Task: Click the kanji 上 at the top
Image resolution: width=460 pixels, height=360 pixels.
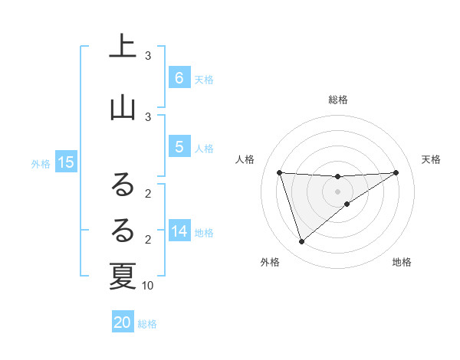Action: click(123, 46)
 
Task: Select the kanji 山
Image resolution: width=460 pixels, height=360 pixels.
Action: click(123, 107)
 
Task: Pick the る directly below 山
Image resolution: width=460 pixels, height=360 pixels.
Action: click(123, 184)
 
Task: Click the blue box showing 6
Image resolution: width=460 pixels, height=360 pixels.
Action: click(179, 77)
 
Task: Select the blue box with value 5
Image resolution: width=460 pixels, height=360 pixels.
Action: click(179, 147)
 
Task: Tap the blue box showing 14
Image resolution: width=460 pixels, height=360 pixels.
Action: click(179, 231)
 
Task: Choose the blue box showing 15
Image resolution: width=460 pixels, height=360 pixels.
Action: click(65, 162)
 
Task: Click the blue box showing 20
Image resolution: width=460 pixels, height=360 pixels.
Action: click(123, 322)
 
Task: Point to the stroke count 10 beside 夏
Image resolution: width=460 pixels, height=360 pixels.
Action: click(148, 286)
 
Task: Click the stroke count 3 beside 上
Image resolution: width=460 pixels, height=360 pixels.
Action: click(148, 56)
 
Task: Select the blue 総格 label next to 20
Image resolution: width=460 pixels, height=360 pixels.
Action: click(147, 324)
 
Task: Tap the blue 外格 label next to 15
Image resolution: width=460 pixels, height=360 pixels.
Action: click(41, 163)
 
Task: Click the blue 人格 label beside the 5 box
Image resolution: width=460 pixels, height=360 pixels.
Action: click(204, 149)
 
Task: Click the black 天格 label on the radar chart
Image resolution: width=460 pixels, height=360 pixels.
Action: click(432, 159)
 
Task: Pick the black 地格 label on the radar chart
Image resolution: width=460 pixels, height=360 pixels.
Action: click(402, 262)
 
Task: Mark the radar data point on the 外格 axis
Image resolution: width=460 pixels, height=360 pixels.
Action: click(301, 242)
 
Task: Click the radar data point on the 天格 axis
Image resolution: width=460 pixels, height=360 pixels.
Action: click(396, 172)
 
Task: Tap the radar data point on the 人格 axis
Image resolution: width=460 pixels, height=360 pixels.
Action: click(280, 172)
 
